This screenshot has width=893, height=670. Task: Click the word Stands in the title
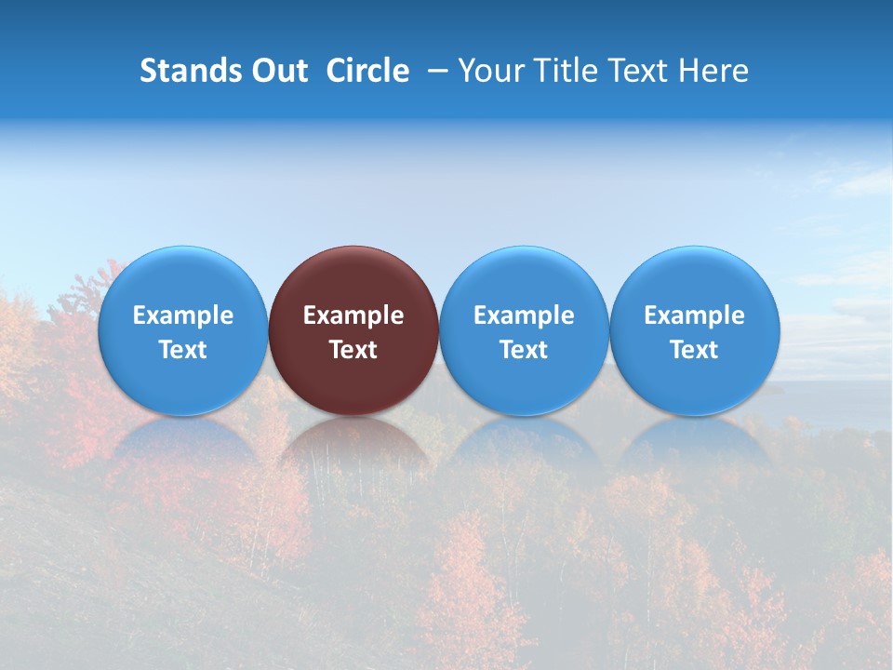tap(182, 71)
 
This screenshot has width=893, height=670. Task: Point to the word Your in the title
tap(487, 71)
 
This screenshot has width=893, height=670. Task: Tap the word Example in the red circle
tap(353, 315)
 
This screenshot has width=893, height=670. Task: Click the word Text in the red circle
tap(353, 350)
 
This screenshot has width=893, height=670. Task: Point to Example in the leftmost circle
tap(182, 315)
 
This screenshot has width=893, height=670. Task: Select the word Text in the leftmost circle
tap(182, 350)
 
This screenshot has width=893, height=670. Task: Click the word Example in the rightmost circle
tap(695, 315)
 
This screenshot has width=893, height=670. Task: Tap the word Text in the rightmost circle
tap(695, 350)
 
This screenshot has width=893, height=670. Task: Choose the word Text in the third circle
tap(524, 350)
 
